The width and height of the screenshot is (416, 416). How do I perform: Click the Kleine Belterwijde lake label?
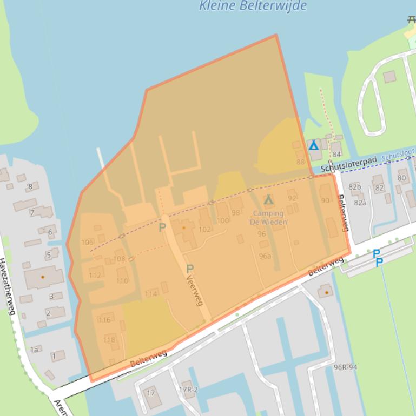point(253,6)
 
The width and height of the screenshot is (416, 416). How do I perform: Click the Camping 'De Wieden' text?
point(268,217)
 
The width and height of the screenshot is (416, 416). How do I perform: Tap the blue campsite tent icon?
point(313,145)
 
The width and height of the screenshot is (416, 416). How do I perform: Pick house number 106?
point(87,242)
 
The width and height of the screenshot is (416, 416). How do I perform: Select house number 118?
point(109,340)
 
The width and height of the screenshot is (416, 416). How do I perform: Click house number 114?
point(151,294)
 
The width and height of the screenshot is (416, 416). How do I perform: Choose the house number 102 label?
point(204,229)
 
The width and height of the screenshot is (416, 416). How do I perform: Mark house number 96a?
point(265,256)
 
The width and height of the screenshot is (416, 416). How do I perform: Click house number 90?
point(325,200)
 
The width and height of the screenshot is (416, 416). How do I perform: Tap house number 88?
point(300,162)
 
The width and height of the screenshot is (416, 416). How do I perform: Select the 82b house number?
point(355,187)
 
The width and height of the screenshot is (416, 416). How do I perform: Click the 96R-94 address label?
point(345,367)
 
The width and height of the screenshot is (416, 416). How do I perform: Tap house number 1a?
point(34,350)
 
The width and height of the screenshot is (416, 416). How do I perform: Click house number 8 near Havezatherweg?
point(30,187)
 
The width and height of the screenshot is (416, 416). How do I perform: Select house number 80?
point(401,178)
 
